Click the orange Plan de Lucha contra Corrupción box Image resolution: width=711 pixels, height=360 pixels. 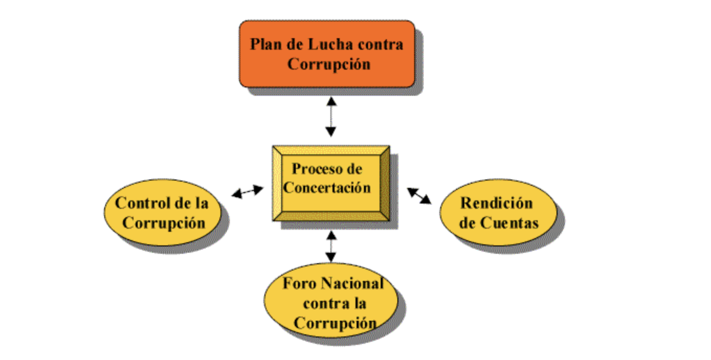point(327,53)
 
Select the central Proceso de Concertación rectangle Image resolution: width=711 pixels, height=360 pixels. point(330,183)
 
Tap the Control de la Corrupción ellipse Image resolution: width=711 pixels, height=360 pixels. point(162,212)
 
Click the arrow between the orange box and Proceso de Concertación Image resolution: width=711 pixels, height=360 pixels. point(330,116)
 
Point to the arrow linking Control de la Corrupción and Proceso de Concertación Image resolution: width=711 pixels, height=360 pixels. point(248,192)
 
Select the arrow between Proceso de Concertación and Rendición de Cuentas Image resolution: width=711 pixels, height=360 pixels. point(419,196)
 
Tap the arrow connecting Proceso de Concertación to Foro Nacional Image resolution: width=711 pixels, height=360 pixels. point(330,246)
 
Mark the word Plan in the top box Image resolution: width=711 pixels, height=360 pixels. point(265,44)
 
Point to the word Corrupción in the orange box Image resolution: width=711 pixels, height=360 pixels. point(329,64)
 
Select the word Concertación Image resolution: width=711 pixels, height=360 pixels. point(327,187)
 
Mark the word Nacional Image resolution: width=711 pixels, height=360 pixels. point(352,284)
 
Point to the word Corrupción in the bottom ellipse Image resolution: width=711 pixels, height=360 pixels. point(335,322)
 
